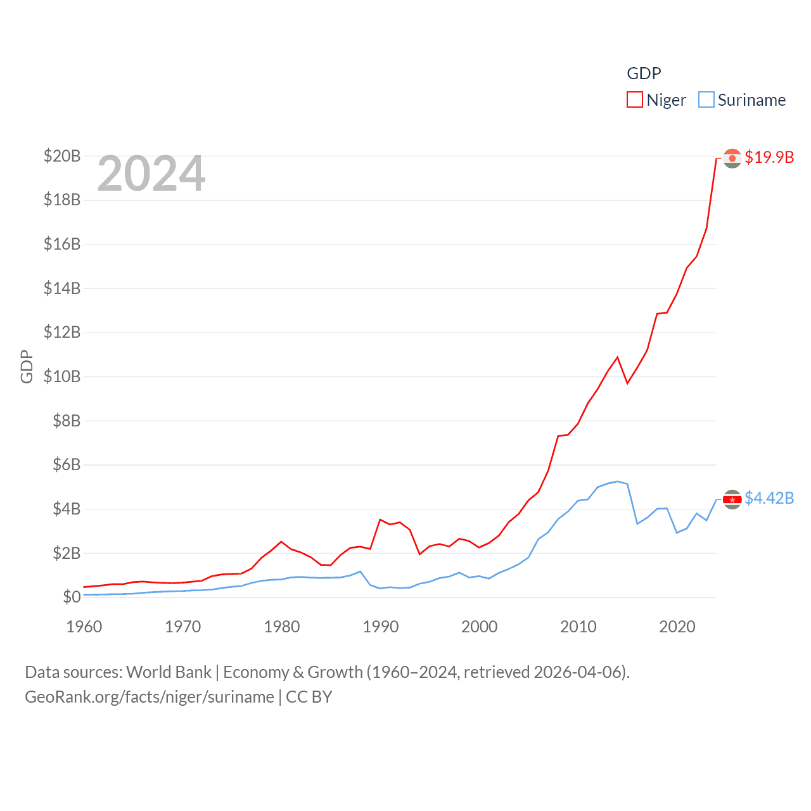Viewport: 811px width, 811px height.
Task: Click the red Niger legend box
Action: [635, 100]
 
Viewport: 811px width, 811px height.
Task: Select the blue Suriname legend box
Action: [706, 100]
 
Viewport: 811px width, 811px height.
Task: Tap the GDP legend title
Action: [644, 73]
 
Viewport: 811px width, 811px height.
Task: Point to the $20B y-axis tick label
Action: [62, 156]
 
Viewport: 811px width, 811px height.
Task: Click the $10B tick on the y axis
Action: [62, 376]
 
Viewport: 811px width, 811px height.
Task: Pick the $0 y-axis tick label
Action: [72, 597]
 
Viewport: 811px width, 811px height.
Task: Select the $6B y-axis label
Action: [67, 464]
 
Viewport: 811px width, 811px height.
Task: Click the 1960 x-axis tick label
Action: [84, 627]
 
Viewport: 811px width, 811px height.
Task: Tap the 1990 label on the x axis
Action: [381, 627]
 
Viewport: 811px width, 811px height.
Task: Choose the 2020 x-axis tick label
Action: [677, 627]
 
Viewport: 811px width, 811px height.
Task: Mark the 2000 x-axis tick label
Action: [480, 627]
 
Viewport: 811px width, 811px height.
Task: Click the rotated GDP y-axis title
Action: [27, 366]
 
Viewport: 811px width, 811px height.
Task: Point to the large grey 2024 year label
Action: [151, 174]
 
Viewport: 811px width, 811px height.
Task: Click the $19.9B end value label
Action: [769, 157]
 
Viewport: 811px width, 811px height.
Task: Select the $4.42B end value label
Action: [769, 498]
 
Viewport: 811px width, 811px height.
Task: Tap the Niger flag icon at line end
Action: [732, 158]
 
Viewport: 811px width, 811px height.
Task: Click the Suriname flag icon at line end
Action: [732, 499]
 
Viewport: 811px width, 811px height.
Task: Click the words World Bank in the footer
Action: [169, 672]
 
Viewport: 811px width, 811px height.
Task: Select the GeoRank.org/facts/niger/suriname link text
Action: [150, 697]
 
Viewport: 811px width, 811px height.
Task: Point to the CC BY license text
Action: [309, 697]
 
